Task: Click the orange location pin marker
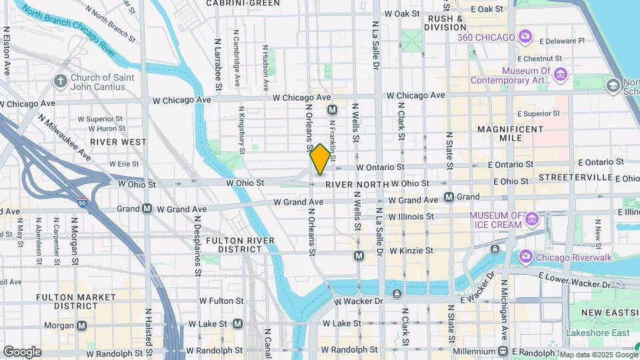(320, 159)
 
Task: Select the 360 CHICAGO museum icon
(525, 37)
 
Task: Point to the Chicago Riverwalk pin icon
(526, 256)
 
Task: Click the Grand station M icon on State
(449, 197)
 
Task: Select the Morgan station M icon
(82, 326)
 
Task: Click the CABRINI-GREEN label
(243, 3)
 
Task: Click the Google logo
(22, 351)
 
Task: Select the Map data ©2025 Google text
(597, 354)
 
